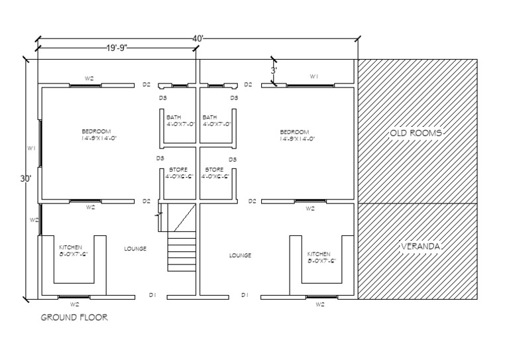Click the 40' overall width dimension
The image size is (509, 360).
pyautogui.click(x=198, y=38)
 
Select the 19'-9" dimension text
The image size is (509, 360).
pyautogui.click(x=116, y=48)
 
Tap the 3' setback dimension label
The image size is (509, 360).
pyautogui.click(x=273, y=70)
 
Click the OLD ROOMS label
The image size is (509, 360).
pyautogui.click(x=416, y=133)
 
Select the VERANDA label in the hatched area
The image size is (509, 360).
pyautogui.click(x=421, y=247)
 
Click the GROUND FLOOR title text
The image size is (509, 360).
pyautogui.click(x=74, y=318)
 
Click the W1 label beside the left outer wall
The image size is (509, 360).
pyautogui.click(x=30, y=149)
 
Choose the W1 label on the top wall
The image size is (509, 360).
pyautogui.click(x=314, y=77)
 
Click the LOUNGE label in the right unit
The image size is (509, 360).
pyautogui.click(x=240, y=255)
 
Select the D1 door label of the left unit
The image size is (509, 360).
pyautogui.click(x=151, y=294)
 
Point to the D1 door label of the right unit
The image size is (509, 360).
pyautogui.click(x=245, y=294)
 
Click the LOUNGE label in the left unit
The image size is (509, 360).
pyautogui.click(x=135, y=249)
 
